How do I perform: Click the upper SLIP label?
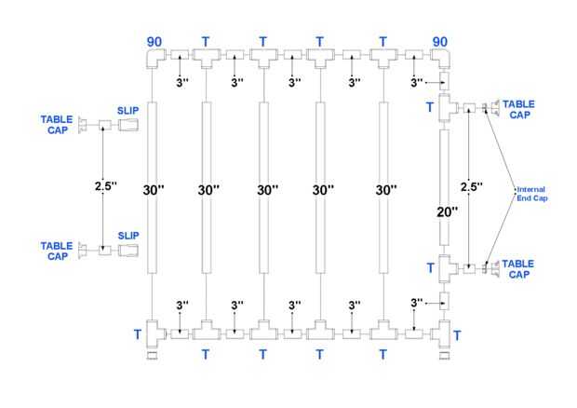click(x=129, y=110)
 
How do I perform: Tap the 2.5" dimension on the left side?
click(x=105, y=186)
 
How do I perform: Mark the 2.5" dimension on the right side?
click(x=473, y=186)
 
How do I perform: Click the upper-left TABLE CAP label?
click(x=56, y=124)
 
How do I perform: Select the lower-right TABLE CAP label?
click(x=519, y=269)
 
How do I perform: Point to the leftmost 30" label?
click(x=154, y=189)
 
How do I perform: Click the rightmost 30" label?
click(x=385, y=189)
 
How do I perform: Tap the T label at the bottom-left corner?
click(x=138, y=333)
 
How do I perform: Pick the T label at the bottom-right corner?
click(x=457, y=333)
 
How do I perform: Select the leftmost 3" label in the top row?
click(x=181, y=83)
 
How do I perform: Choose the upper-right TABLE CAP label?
click(x=519, y=110)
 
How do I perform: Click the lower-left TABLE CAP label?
click(x=56, y=251)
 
